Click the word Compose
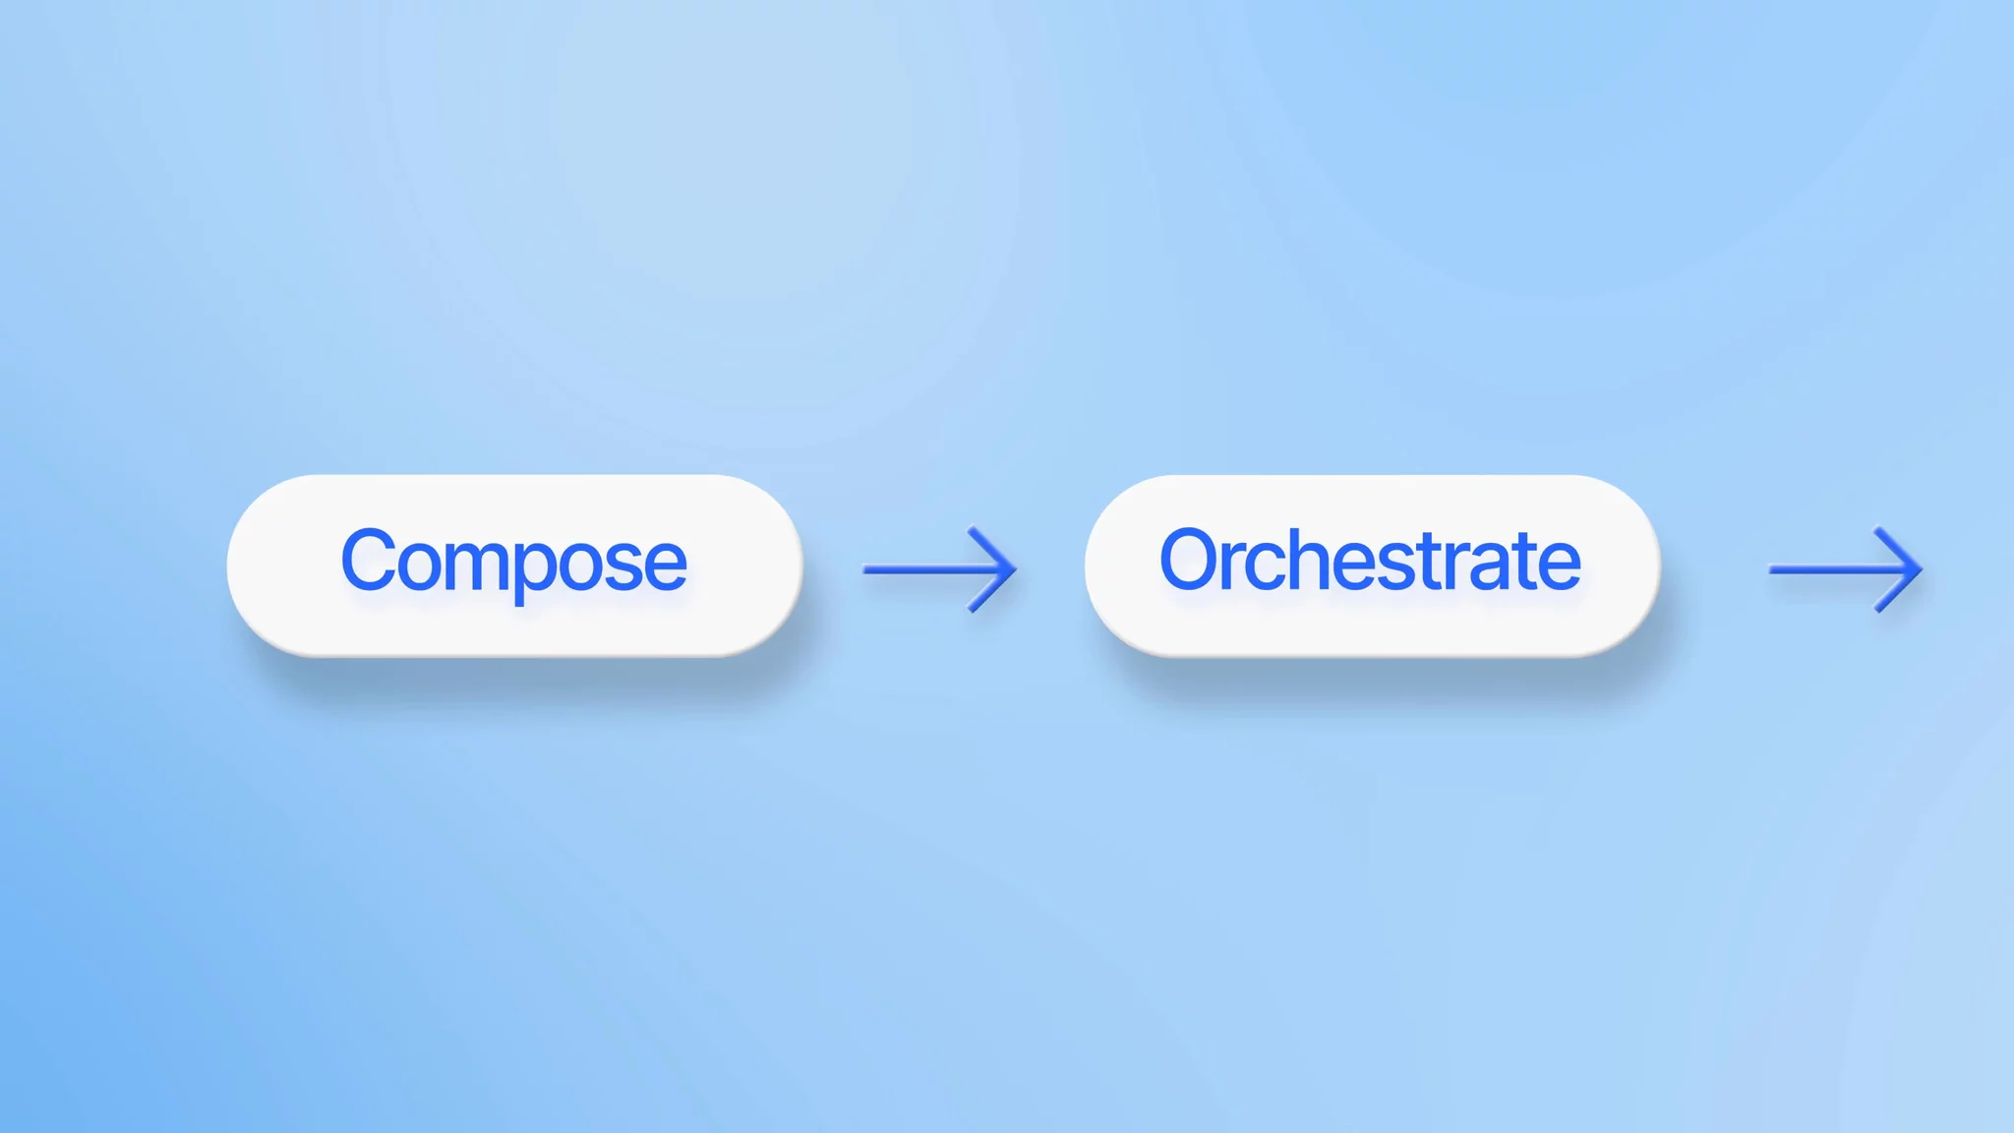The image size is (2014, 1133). (513, 562)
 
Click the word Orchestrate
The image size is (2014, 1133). (1370, 562)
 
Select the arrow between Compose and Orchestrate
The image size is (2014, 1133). (939, 568)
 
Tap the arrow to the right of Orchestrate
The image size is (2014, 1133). (1845, 568)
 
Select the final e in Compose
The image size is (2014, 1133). (665, 566)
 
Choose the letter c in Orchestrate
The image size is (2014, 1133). (1268, 566)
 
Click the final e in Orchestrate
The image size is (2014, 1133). (1560, 566)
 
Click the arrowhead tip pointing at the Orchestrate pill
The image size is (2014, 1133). (1013, 568)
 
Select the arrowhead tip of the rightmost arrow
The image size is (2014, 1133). (1919, 568)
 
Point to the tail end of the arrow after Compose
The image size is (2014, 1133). (867, 568)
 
